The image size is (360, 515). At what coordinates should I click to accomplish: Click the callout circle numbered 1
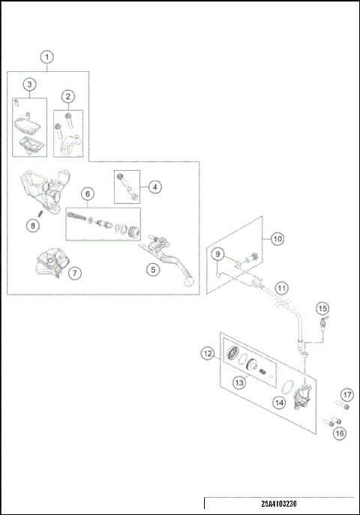pos(46,57)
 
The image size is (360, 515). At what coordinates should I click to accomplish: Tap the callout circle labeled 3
pos(29,84)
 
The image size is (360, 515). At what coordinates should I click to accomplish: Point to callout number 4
pos(153,187)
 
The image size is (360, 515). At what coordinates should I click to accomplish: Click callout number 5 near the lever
pos(152,269)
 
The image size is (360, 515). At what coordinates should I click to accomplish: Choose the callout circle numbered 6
pos(88,194)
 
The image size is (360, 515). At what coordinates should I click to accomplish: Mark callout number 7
pos(75,274)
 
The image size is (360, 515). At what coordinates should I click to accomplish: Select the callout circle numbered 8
pos(33,225)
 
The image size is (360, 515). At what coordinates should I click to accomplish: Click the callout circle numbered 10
pos(277,239)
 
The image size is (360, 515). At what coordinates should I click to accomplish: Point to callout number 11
pos(280,287)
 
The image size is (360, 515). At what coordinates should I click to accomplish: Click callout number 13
pos(239,383)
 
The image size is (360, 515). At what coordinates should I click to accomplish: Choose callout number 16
pos(340,433)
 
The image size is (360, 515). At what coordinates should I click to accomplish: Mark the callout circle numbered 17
pos(346,394)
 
